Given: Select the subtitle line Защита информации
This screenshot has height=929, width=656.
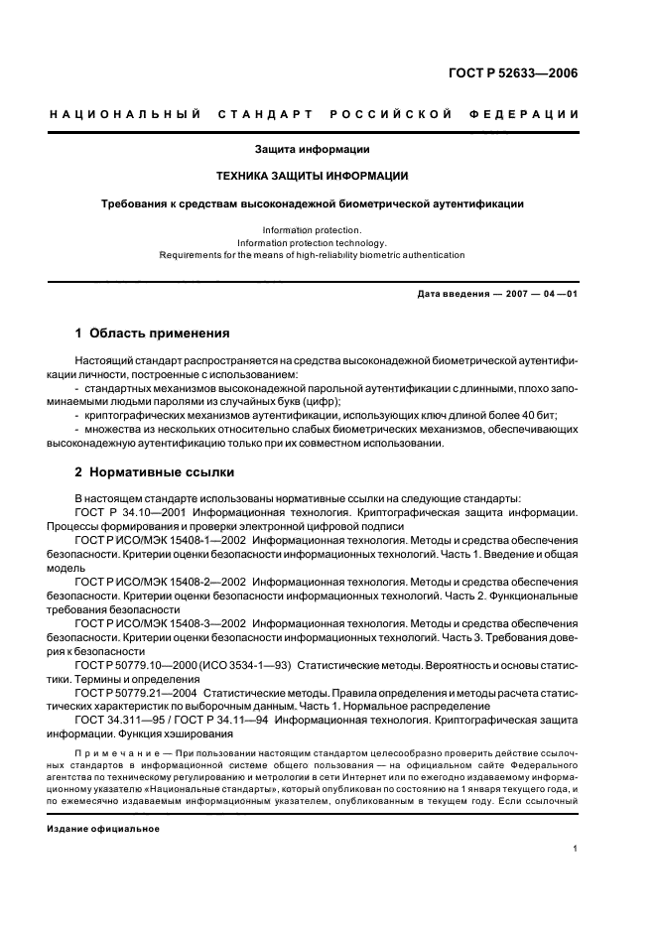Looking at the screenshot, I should (313, 149).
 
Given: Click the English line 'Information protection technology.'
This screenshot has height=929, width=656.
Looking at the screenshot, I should (313, 242).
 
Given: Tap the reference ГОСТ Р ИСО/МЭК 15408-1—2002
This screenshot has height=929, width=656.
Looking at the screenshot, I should (160, 540).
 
